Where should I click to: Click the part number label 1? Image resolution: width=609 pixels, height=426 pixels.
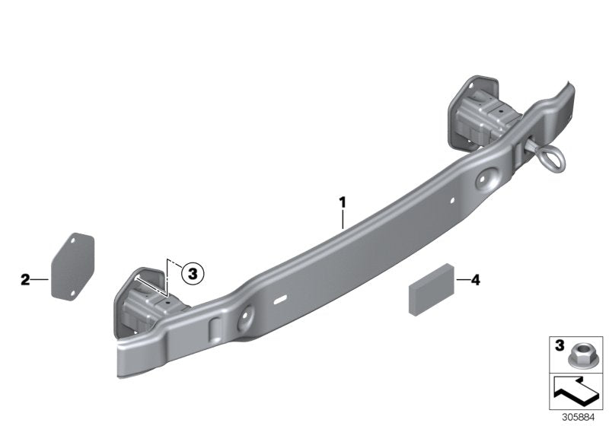coord(343,202)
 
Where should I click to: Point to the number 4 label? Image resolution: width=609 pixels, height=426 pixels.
coord(475,280)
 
